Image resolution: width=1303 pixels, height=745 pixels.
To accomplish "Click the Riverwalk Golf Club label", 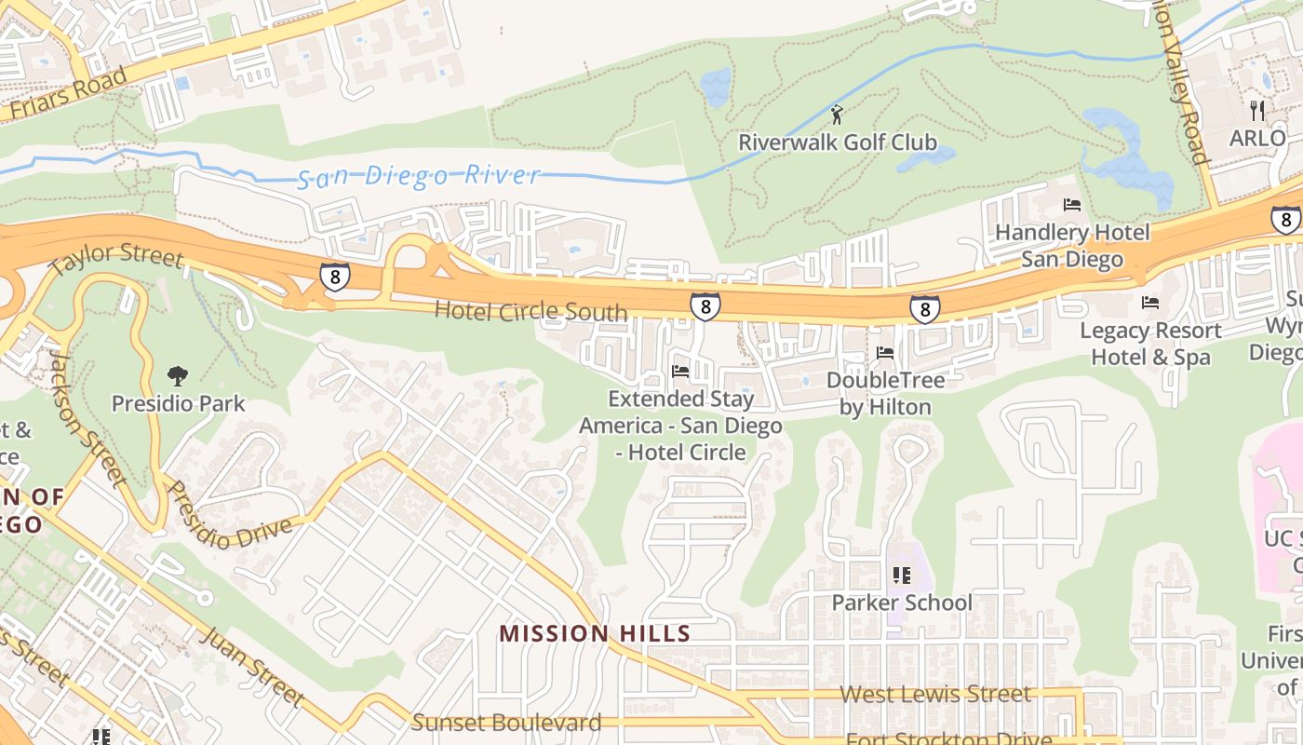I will pos(837,142).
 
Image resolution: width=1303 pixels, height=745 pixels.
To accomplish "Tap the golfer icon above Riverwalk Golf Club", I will pos(837,115).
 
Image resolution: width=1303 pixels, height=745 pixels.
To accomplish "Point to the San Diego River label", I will pos(419,176).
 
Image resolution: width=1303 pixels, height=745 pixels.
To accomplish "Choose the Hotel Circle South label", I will pos(531,311).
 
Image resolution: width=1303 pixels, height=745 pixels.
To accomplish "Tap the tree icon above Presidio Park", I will pos(177,376).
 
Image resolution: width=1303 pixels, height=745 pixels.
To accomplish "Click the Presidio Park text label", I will pos(178,403).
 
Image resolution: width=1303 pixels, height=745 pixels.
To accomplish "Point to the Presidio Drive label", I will pos(227,515).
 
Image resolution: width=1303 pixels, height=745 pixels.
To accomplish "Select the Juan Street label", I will pos(251,666).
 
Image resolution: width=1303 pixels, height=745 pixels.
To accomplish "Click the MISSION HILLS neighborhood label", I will pos(595,634).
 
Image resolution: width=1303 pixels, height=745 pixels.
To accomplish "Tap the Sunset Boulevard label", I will pos(506,722).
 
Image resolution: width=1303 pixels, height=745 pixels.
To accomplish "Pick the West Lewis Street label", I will pos(935,694).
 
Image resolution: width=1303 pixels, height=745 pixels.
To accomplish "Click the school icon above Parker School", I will pos(900,576).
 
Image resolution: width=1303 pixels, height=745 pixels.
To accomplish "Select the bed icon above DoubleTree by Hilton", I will pos(884,353).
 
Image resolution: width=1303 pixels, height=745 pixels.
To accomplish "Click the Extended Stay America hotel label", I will pos(680,426).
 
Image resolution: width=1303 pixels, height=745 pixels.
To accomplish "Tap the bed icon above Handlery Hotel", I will pos(1072,205).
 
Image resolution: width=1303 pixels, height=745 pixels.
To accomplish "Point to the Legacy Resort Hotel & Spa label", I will pos(1150,344).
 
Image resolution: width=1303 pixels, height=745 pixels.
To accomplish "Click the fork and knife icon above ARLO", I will pos(1257,110).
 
